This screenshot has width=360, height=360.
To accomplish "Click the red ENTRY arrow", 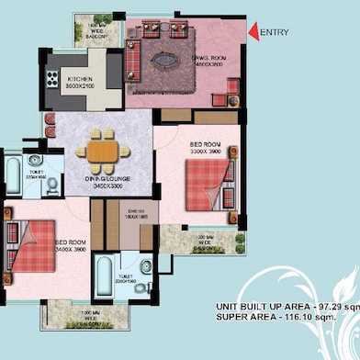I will [x=253, y=33].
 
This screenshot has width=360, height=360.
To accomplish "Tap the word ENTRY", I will [x=275, y=33].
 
